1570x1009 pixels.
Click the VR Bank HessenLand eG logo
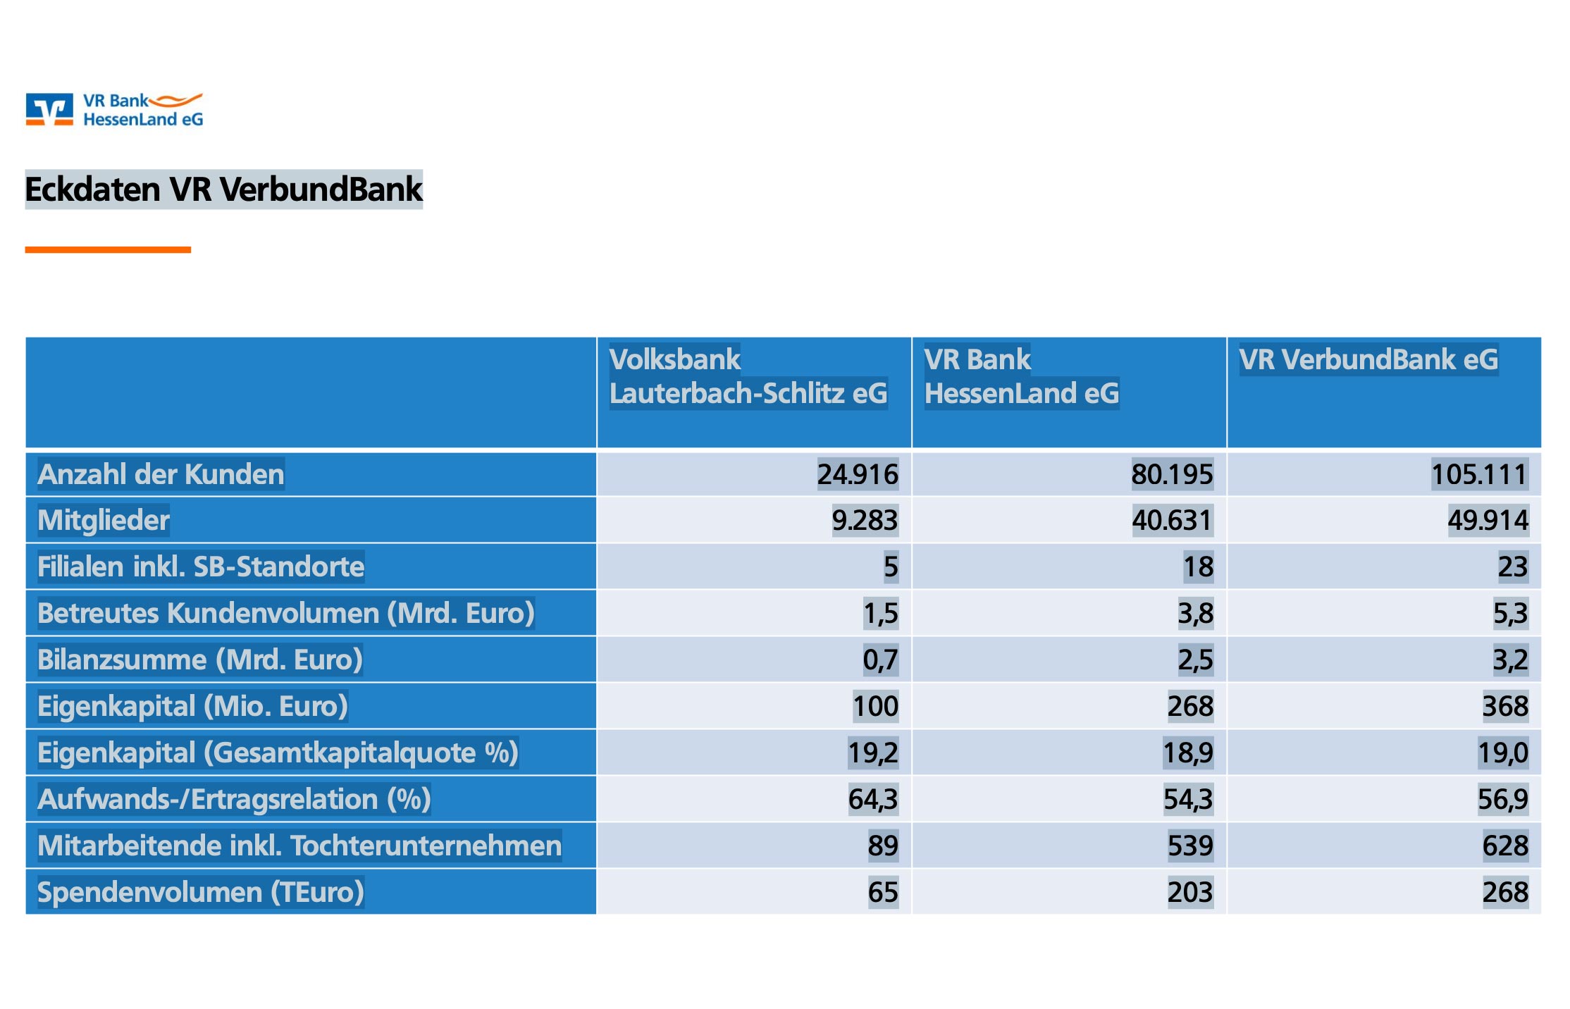[x=114, y=110]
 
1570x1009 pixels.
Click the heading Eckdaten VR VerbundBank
[x=223, y=190]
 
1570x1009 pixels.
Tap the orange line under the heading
[x=108, y=249]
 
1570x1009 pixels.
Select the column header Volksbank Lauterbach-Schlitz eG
[x=748, y=376]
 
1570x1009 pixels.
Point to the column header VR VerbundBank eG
[x=1368, y=359]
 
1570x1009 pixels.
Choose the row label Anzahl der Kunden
[x=161, y=474]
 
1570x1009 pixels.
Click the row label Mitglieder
[x=104, y=520]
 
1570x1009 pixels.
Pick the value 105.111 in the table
[x=1478, y=474]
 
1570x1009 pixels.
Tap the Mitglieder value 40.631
[x=1171, y=520]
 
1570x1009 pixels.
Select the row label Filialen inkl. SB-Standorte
[x=201, y=567]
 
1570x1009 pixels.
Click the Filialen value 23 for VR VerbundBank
[x=1512, y=567]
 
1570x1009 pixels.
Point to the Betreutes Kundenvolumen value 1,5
[x=880, y=613]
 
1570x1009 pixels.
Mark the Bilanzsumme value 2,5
[x=1195, y=660]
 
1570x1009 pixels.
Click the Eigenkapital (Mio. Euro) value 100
[x=875, y=706]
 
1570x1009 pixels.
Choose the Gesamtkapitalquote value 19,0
[x=1502, y=753]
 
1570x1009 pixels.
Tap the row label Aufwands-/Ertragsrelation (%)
[x=234, y=799]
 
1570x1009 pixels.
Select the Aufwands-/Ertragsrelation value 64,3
[x=872, y=799]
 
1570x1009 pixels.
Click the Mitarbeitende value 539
[x=1190, y=846]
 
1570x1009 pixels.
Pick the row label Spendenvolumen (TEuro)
[x=201, y=892]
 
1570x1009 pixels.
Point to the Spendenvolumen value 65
[x=883, y=892]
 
